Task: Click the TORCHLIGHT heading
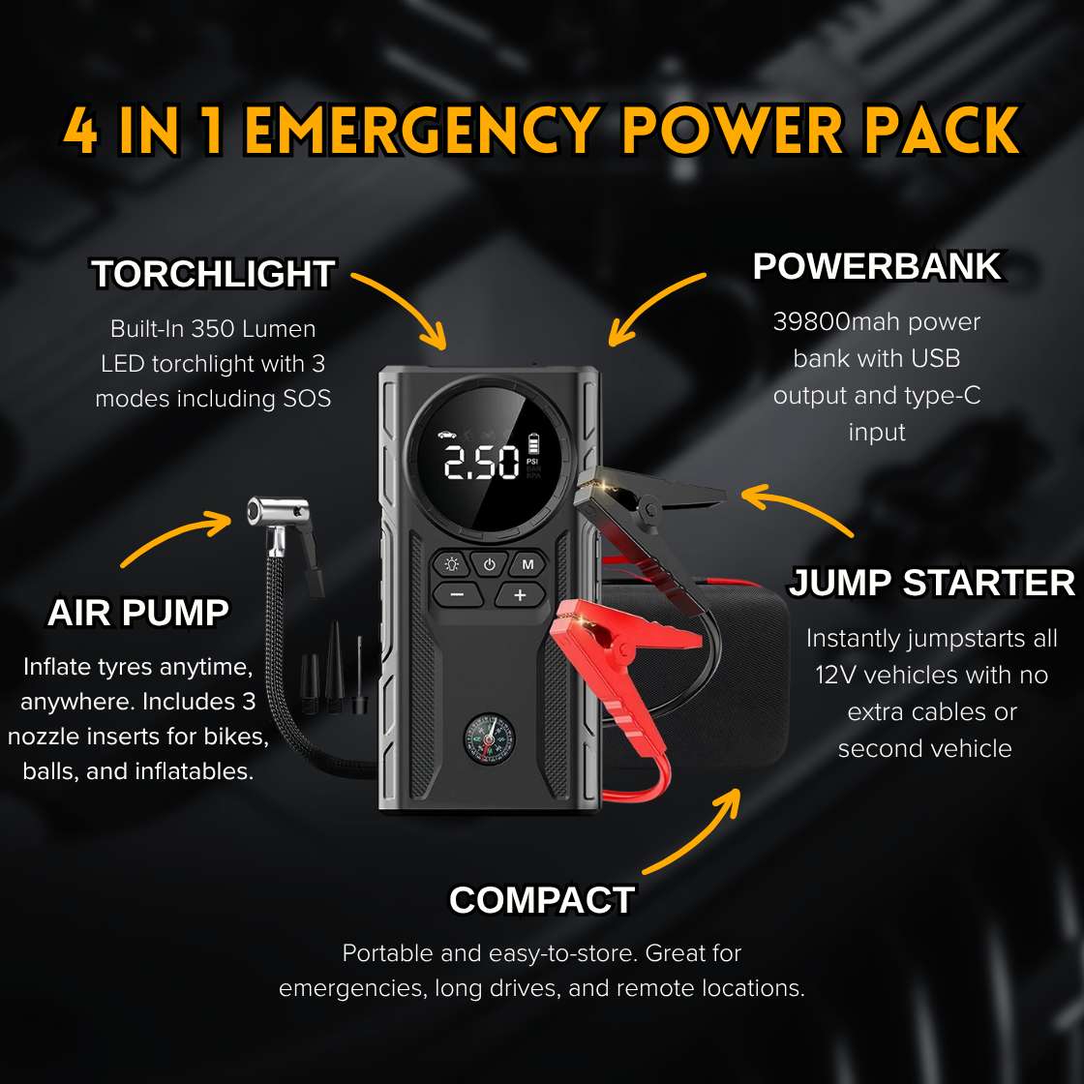(214, 275)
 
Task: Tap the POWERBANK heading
(877, 267)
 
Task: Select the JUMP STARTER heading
(931, 584)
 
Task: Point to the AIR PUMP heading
(138, 614)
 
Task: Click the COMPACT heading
(541, 901)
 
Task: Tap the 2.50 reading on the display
(482, 464)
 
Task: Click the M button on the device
(528, 564)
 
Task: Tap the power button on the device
(490, 564)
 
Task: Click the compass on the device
(489, 739)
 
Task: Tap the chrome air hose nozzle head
(278, 510)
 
